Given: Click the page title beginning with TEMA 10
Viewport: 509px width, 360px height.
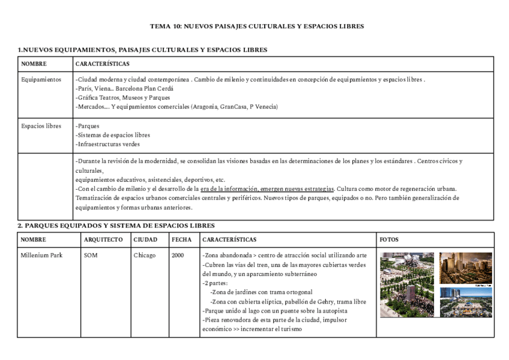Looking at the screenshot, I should (256, 26).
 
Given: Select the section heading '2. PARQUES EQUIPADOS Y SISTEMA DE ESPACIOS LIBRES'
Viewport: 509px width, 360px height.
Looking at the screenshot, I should (116, 226).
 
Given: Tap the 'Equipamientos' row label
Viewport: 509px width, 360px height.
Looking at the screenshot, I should (41, 79).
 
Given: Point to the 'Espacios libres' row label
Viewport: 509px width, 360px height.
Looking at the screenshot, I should (41, 126).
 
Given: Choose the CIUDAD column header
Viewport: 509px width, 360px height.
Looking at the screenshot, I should (145, 239).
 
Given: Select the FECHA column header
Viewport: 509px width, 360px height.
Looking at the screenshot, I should (181, 239).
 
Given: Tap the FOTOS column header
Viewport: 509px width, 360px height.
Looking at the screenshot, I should (389, 239).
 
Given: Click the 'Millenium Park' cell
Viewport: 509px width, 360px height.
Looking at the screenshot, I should (41, 255).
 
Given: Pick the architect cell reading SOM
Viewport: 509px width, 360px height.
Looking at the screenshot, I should (91, 255).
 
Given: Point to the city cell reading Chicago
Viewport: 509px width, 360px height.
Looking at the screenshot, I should (144, 255).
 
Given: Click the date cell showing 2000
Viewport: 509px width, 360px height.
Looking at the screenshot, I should (178, 255).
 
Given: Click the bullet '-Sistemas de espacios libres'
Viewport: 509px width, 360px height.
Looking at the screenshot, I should (113, 135).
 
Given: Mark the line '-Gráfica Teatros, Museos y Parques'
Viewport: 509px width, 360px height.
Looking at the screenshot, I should (122, 97).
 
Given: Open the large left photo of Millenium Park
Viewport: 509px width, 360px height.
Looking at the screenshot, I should (406, 284).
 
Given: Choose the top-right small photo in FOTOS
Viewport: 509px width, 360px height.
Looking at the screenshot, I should (465, 268).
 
